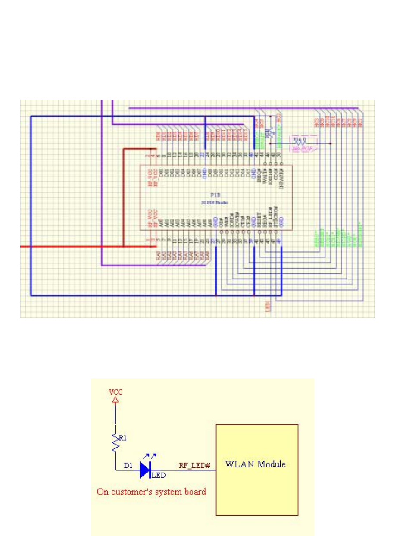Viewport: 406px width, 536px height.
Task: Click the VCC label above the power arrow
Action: [x=115, y=393]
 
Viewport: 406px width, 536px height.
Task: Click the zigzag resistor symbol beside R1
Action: [x=115, y=443]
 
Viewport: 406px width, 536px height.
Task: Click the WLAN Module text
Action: [x=256, y=465]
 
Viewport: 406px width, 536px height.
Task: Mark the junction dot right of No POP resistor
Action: [x=330, y=143]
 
